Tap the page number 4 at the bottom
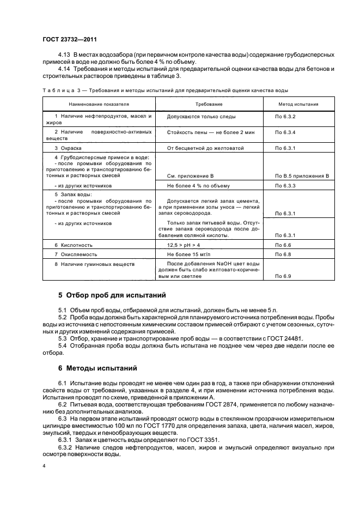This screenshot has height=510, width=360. [44, 467]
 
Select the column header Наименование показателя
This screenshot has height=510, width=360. [99, 104]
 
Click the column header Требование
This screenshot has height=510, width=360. [209, 104]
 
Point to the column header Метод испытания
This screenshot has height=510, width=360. [298, 104]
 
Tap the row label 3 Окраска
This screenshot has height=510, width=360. [68, 148]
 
